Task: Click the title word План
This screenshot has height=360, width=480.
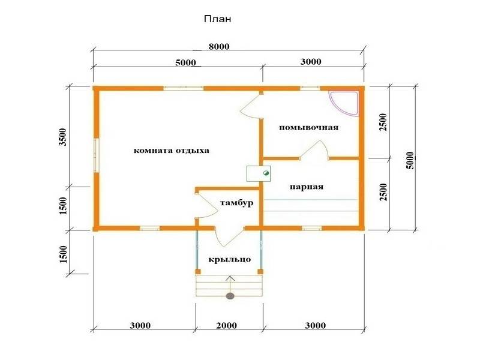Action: pyautogui.click(x=217, y=19)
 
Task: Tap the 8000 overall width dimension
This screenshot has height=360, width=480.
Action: pyautogui.click(x=219, y=47)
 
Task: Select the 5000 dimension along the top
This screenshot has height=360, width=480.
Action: pyautogui.click(x=185, y=63)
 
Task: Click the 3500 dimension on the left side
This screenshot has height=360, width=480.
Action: pyautogui.click(x=63, y=137)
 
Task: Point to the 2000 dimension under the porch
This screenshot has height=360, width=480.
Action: pyautogui.click(x=227, y=325)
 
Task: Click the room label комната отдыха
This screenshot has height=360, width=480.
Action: pyautogui.click(x=172, y=151)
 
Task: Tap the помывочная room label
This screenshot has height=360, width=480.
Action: pyautogui.click(x=308, y=127)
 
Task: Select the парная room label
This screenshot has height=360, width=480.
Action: pyautogui.click(x=307, y=187)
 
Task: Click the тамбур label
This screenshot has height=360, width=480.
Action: pyautogui.click(x=236, y=203)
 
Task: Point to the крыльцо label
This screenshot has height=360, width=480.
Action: pyautogui.click(x=230, y=260)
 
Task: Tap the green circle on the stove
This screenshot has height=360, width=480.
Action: pyautogui.click(x=266, y=173)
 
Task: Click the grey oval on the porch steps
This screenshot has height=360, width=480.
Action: pyautogui.click(x=230, y=296)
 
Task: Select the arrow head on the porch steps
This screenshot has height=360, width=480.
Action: pyautogui.click(x=230, y=278)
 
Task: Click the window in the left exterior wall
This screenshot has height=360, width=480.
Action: pyautogui.click(x=97, y=155)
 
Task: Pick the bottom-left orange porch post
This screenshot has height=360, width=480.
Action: pyautogui.click(x=198, y=272)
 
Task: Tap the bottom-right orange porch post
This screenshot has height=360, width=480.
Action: pyautogui.click(x=260, y=272)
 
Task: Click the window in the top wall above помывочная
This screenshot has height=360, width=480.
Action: pyautogui.click(x=310, y=88)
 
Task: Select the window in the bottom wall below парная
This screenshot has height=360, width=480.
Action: pyautogui.click(x=312, y=228)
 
